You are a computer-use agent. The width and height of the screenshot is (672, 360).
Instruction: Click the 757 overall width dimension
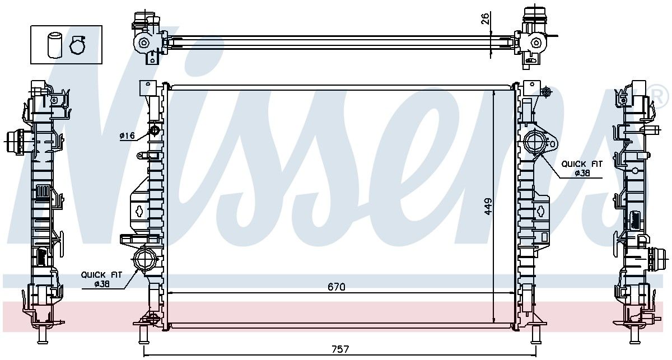[340, 349]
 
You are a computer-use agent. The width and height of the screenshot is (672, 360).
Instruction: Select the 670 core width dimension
[337, 287]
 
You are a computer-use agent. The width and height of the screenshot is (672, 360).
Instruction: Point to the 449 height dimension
[488, 206]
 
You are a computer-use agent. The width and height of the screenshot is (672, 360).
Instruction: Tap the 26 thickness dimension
[485, 18]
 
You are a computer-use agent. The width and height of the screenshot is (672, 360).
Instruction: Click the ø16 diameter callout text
[128, 136]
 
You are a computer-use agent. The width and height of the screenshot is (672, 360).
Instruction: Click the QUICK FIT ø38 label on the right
[582, 169]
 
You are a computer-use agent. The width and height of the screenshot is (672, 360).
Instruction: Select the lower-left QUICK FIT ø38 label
[101, 279]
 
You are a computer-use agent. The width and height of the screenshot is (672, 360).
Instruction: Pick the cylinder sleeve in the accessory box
[54, 45]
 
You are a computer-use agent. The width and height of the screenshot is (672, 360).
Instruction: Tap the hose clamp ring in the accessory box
[78, 45]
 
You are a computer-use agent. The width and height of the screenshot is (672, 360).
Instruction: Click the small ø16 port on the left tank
[155, 130]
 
